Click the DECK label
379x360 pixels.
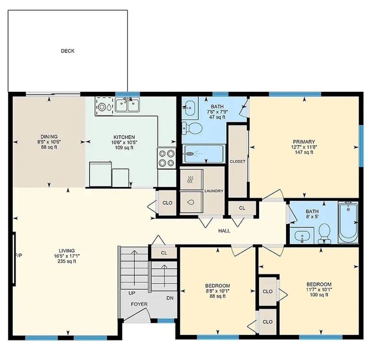(68, 51)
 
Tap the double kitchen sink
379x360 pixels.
(127, 105)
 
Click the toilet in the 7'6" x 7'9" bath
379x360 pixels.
(192, 128)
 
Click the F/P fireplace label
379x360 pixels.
(19, 255)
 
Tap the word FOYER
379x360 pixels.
(139, 304)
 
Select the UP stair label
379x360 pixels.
(132, 293)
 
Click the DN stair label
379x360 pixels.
(170, 298)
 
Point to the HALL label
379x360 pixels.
(224, 231)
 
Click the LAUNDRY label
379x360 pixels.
(214, 191)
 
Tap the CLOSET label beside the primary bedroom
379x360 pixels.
(237, 161)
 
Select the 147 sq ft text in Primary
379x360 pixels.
(304, 152)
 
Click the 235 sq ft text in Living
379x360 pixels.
(67, 261)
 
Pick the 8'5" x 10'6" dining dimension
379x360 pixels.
(49, 142)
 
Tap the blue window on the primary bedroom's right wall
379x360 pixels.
(361, 146)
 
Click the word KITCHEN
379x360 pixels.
(124, 137)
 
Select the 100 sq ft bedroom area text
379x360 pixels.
(319, 295)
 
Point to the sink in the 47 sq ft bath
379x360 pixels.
(190, 107)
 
